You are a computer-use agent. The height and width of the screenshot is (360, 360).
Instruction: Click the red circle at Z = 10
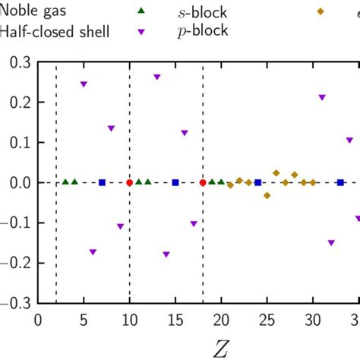pyautogui.click(x=130, y=183)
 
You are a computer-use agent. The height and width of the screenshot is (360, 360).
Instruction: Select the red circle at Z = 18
pyautogui.click(x=203, y=183)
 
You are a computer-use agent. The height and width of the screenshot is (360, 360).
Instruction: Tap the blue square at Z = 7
pyautogui.click(x=103, y=182)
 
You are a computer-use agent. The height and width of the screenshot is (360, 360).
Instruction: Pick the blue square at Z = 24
pyautogui.click(x=258, y=182)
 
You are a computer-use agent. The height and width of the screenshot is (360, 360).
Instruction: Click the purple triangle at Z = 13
pyautogui.click(x=157, y=77)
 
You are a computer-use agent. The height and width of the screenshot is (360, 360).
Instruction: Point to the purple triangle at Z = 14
pyautogui.click(x=166, y=254)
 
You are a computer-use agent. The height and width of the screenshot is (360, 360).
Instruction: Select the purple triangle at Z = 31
pyautogui.click(x=322, y=98)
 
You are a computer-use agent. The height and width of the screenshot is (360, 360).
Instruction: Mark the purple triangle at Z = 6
pyautogui.click(x=93, y=252)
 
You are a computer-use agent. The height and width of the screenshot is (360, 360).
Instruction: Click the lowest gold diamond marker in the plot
pyautogui.click(x=267, y=195)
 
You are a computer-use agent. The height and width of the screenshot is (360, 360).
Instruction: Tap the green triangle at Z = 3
pyautogui.click(x=65, y=182)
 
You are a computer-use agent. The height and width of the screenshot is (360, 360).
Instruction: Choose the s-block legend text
pyautogui.click(x=196, y=13)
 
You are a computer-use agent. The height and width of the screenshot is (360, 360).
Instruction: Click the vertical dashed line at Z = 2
pyautogui.click(x=57, y=228)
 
